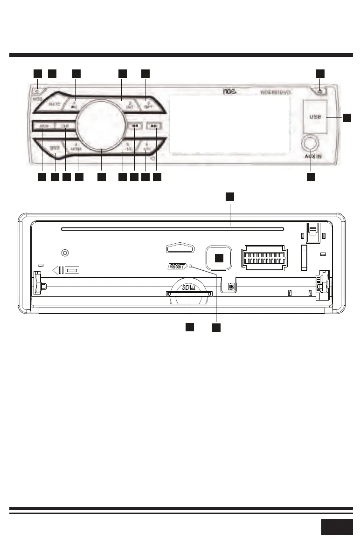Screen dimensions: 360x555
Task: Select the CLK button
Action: click(x=62, y=126)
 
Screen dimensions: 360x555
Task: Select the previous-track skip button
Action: click(x=134, y=126)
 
